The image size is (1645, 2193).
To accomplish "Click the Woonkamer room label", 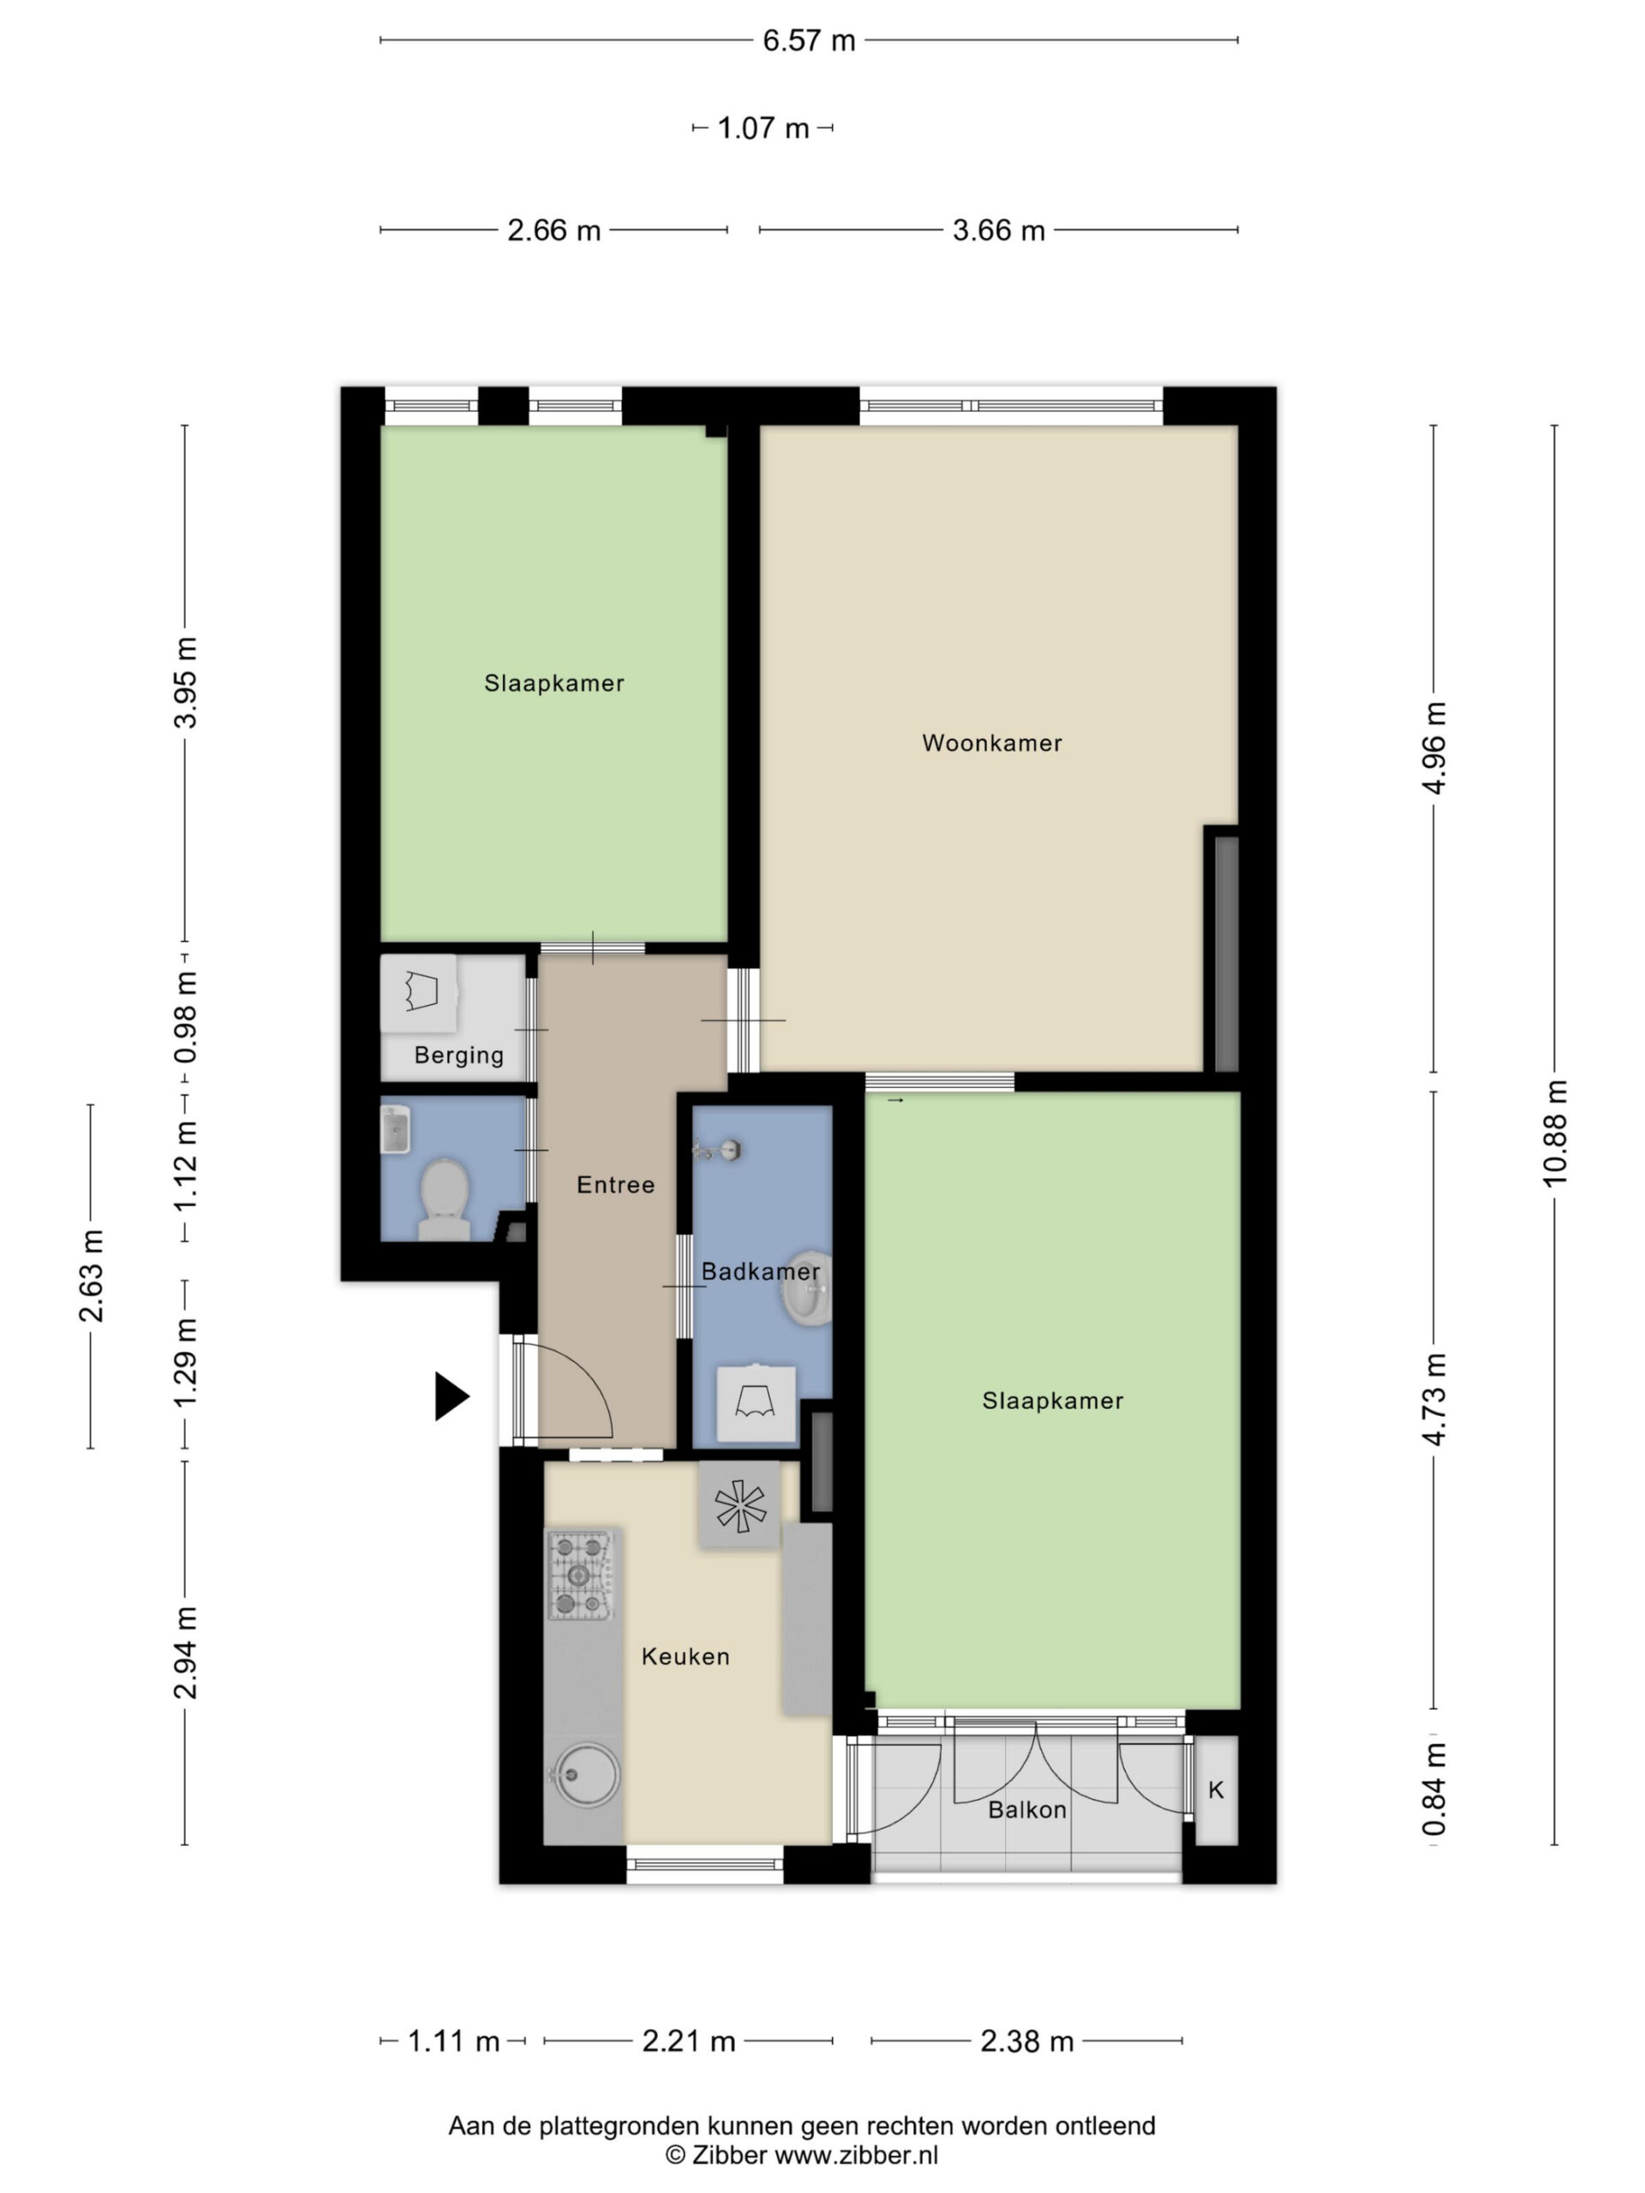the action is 991,743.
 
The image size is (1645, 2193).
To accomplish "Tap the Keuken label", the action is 685,1656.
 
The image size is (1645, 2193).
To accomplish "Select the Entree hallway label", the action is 616,1184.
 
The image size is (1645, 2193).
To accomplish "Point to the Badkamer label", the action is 761,1271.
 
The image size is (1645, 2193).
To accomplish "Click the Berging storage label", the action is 459,1056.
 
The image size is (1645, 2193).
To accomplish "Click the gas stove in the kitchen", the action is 581,1575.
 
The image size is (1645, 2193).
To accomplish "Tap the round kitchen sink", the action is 586,1775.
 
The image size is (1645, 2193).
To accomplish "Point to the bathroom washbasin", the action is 807,1288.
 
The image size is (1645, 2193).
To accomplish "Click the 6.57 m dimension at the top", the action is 808,40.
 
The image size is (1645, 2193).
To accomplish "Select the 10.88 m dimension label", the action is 1554,1132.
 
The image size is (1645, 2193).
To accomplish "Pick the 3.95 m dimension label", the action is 185,683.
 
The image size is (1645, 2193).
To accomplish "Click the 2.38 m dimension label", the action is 1027,2041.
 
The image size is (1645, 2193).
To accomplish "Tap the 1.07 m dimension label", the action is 763,128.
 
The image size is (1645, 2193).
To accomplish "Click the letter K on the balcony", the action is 1216,1790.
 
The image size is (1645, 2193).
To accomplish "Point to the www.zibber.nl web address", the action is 856,2154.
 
